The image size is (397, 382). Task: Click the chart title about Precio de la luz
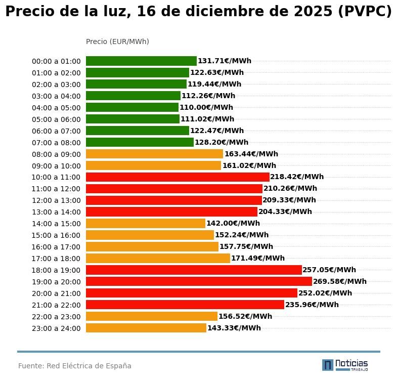(x=198, y=12)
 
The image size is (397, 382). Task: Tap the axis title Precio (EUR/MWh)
(x=117, y=41)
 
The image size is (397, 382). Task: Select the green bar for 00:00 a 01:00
(x=141, y=61)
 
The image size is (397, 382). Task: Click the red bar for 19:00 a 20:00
(x=199, y=281)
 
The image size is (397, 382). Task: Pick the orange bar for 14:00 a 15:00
(x=146, y=224)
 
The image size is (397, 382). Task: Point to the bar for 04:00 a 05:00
(x=132, y=108)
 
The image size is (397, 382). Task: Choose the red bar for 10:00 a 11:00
(x=178, y=177)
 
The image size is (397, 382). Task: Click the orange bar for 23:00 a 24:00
(x=146, y=328)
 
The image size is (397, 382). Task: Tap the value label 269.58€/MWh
(x=340, y=281)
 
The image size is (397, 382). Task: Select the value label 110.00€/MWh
(x=206, y=108)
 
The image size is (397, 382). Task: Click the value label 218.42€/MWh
(x=297, y=177)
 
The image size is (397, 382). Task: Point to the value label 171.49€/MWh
(x=258, y=259)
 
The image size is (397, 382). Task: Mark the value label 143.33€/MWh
(x=234, y=328)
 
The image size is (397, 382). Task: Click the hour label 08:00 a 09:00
(x=56, y=154)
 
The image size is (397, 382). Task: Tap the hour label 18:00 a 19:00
(x=56, y=270)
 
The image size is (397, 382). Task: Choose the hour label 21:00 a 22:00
(x=56, y=305)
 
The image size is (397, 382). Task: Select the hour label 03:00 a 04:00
(x=56, y=96)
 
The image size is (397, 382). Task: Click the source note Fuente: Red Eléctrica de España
(x=75, y=366)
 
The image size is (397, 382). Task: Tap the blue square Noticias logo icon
(x=328, y=365)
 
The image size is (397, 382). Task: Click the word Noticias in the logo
(x=351, y=363)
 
